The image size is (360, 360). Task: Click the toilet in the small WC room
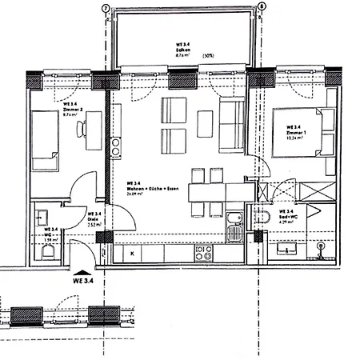(47, 252)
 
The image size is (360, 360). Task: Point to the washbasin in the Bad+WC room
(287, 249)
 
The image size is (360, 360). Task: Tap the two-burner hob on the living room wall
(115, 146)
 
